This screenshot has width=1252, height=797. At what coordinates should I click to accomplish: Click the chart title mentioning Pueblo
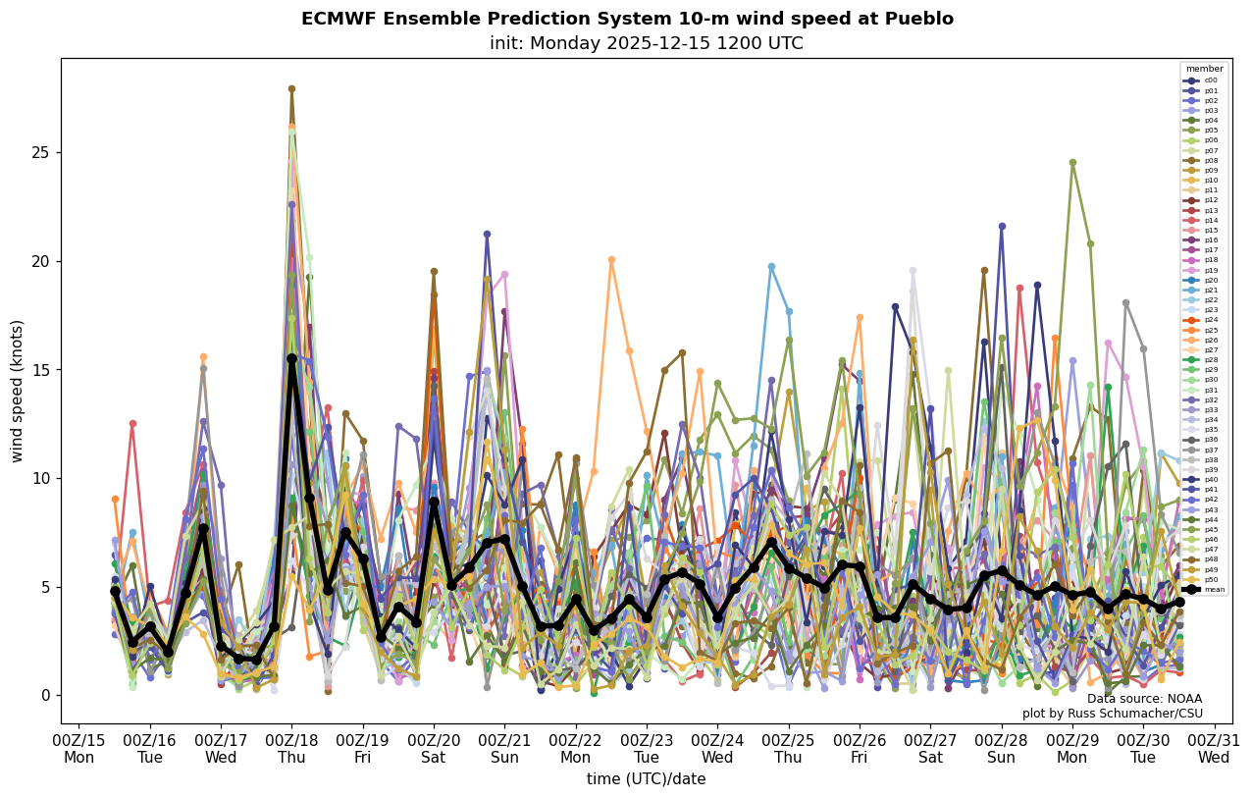627,19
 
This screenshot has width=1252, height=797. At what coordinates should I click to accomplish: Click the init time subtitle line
646,43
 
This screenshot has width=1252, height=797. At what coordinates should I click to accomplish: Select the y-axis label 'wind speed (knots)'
18,391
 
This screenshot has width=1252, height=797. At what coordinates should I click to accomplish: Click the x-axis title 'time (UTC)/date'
646,778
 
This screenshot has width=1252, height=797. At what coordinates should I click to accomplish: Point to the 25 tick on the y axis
43,153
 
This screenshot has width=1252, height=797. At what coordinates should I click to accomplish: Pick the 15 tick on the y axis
43,370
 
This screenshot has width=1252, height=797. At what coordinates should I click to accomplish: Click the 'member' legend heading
1204,69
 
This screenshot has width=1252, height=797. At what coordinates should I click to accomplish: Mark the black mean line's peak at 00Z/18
291,359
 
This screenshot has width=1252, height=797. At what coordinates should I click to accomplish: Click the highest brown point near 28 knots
291,88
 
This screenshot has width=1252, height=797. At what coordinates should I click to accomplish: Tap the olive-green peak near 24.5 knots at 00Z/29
1072,163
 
